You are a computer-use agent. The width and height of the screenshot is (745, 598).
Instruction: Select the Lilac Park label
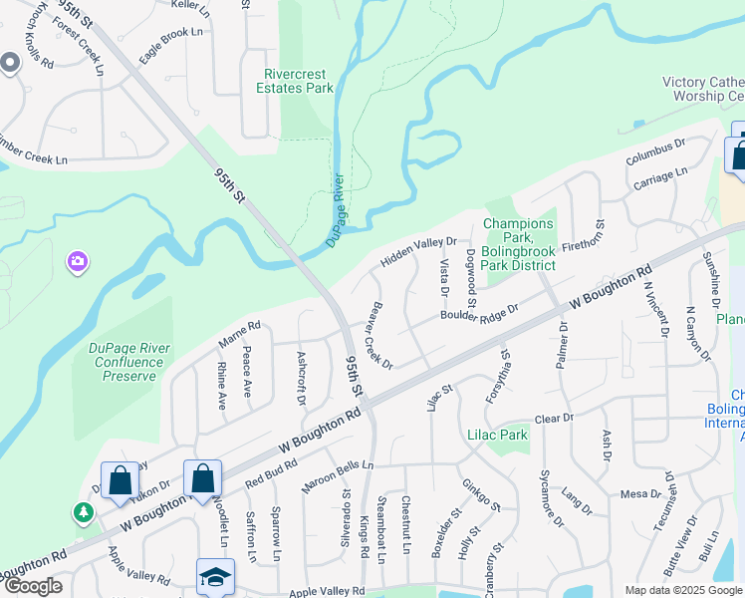click(497, 435)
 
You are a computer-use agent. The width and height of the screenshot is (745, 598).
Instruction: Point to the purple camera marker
click(78, 262)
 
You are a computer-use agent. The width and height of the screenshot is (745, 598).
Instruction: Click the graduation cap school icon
click(215, 577)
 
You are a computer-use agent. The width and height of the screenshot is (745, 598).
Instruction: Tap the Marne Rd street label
click(239, 335)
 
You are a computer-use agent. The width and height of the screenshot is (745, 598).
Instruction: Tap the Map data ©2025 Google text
click(682, 590)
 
